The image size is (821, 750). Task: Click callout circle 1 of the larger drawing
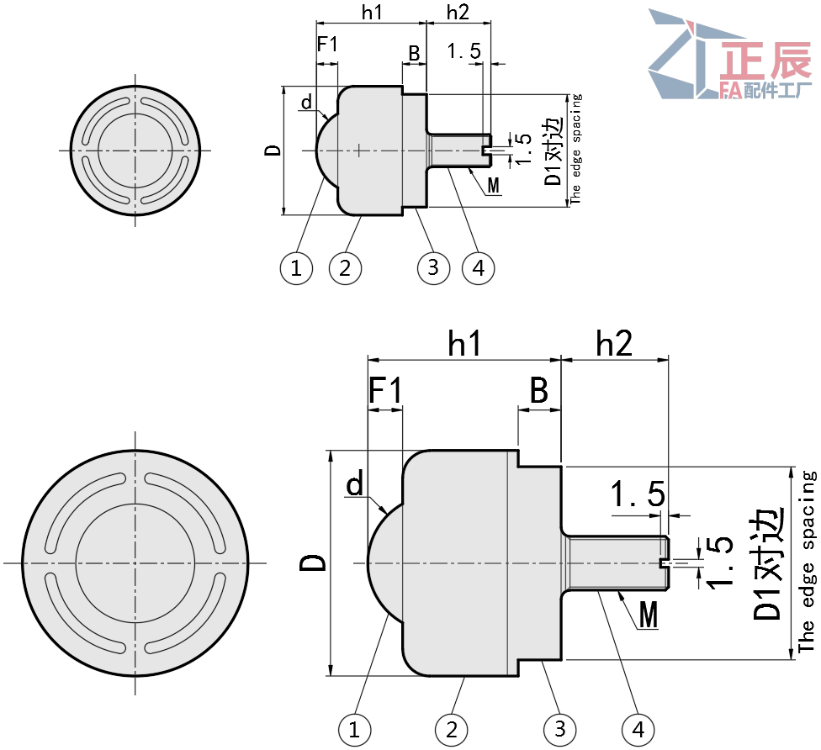coord(354,728)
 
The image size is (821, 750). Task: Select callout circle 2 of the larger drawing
coord(452,728)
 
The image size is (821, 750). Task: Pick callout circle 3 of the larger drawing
coord(560,728)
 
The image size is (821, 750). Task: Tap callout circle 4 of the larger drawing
coord(638,728)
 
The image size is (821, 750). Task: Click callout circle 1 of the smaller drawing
coord(296,268)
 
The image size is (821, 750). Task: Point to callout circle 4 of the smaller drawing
coord(478,268)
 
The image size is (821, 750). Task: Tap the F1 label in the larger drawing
coord(386,390)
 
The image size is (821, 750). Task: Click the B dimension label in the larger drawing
coord(539,390)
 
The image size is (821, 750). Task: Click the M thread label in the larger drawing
coord(649,616)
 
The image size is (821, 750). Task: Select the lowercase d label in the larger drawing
coord(355,484)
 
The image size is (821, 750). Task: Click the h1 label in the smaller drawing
coord(371,13)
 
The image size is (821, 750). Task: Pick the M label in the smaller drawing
coord(494,184)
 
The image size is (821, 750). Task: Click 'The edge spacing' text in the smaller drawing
coord(575,148)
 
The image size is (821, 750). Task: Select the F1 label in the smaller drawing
coord(327,44)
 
